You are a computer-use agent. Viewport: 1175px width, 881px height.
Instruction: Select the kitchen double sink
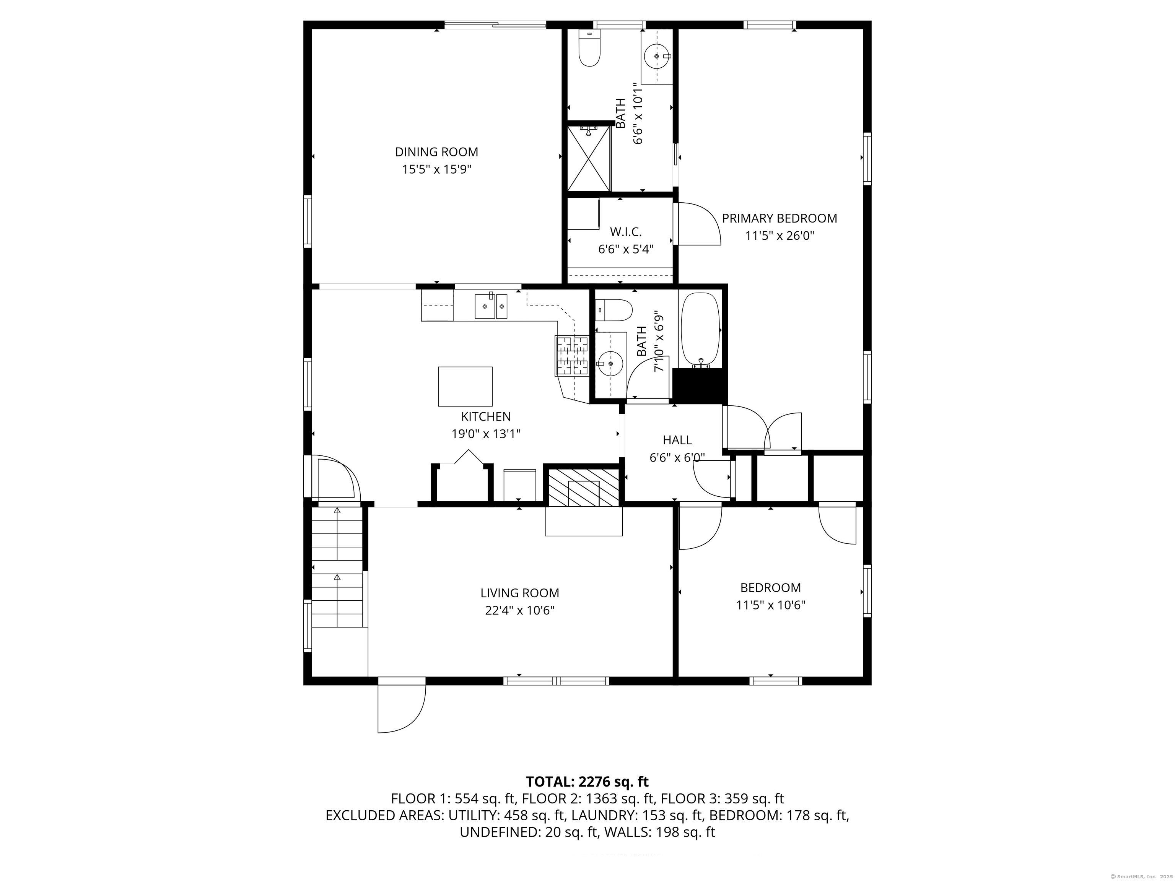click(491, 306)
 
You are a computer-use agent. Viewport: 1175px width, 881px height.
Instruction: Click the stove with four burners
click(572, 355)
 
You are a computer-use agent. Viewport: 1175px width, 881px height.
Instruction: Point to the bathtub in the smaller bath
click(701, 329)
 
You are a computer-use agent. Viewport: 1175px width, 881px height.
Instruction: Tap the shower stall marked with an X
click(589, 158)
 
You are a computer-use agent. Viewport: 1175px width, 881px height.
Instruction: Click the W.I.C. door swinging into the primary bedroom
click(698, 224)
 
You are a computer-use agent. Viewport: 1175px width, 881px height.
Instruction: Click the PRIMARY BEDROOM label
click(779, 218)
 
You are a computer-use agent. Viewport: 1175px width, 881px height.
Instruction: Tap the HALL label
click(677, 440)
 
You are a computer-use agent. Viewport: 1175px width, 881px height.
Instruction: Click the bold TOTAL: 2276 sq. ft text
click(587, 781)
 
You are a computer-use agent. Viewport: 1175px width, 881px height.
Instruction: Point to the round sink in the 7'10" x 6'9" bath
click(611, 364)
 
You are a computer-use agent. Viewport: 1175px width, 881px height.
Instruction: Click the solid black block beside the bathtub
click(699, 386)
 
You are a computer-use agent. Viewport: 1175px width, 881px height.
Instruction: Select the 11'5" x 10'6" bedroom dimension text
click(770, 605)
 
